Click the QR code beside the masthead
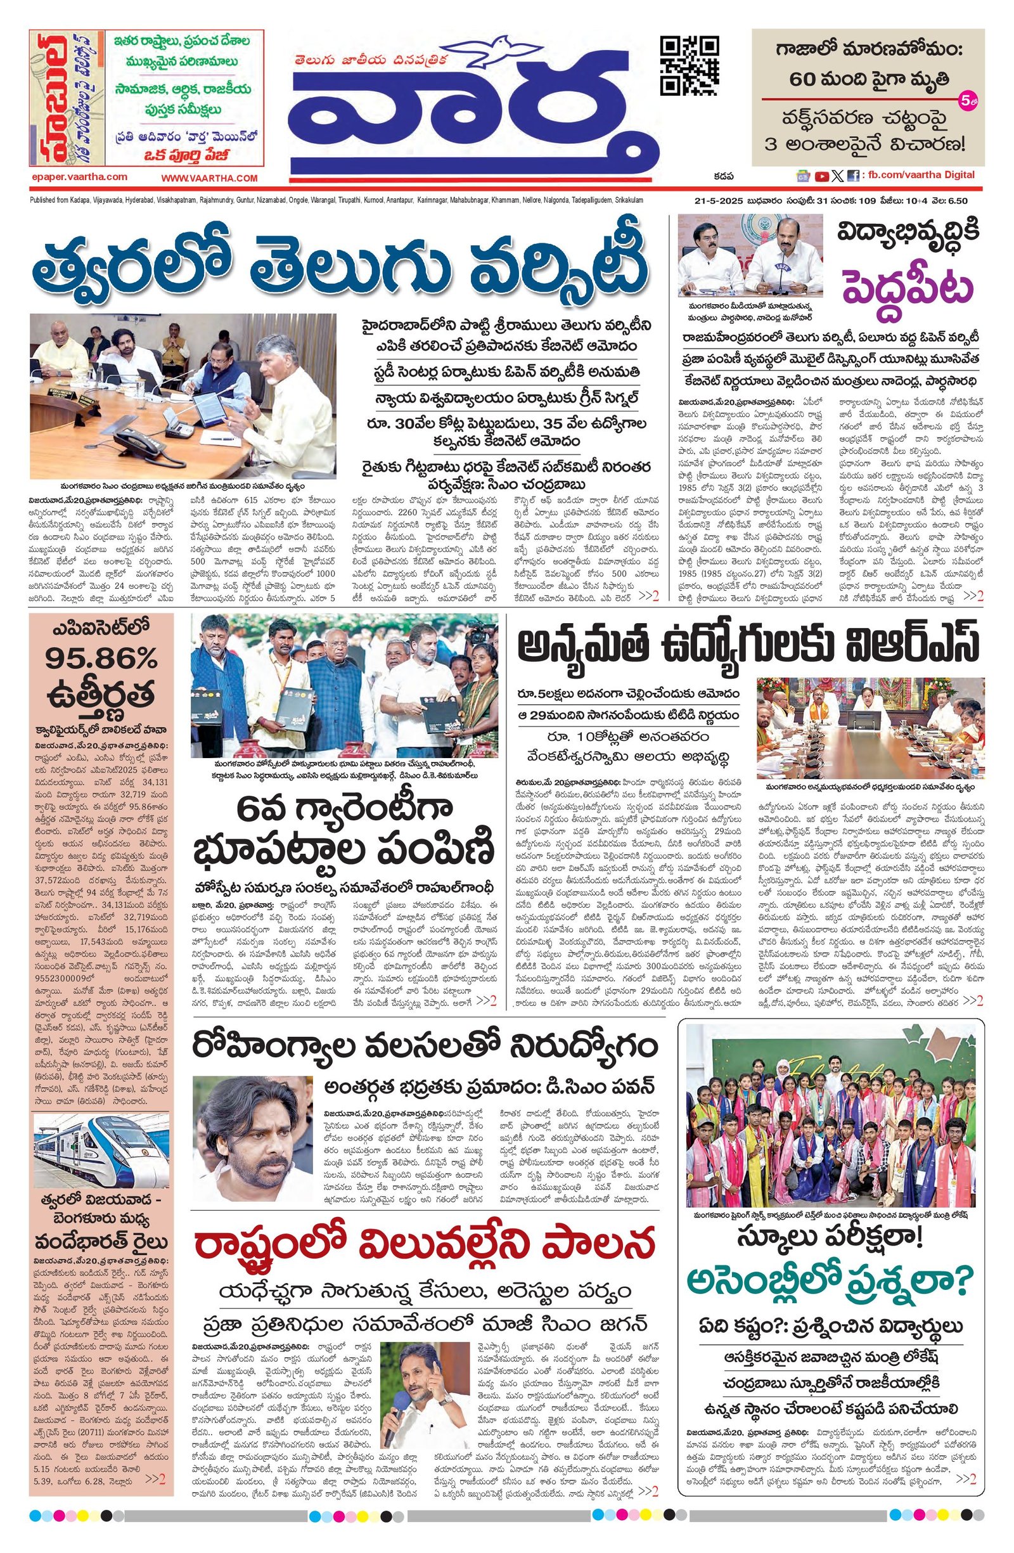(689, 65)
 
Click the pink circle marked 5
(966, 100)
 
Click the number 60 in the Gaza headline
(804, 79)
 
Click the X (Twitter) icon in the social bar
(837, 176)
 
